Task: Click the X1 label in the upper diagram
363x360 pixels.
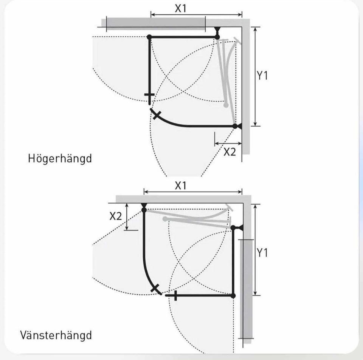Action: [x=180, y=8]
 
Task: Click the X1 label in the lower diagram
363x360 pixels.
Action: [x=180, y=185]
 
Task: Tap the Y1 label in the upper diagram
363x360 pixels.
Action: [x=262, y=76]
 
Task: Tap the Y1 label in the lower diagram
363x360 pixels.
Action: [x=262, y=252]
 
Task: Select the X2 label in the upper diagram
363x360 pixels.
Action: [x=230, y=152]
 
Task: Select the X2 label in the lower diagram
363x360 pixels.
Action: [x=116, y=216]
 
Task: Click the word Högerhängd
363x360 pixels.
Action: [x=60, y=158]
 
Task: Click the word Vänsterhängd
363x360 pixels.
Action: [x=56, y=335]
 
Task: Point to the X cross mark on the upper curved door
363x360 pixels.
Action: [x=155, y=115]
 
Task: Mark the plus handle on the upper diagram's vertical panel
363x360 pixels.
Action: [x=149, y=95]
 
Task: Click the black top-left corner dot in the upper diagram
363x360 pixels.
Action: [x=149, y=37]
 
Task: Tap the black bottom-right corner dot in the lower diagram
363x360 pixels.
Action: [x=233, y=295]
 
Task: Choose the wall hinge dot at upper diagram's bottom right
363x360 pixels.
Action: [x=235, y=126]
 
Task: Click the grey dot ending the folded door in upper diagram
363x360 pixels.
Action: [x=226, y=105]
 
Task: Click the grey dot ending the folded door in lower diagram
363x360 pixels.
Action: [x=164, y=219]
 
